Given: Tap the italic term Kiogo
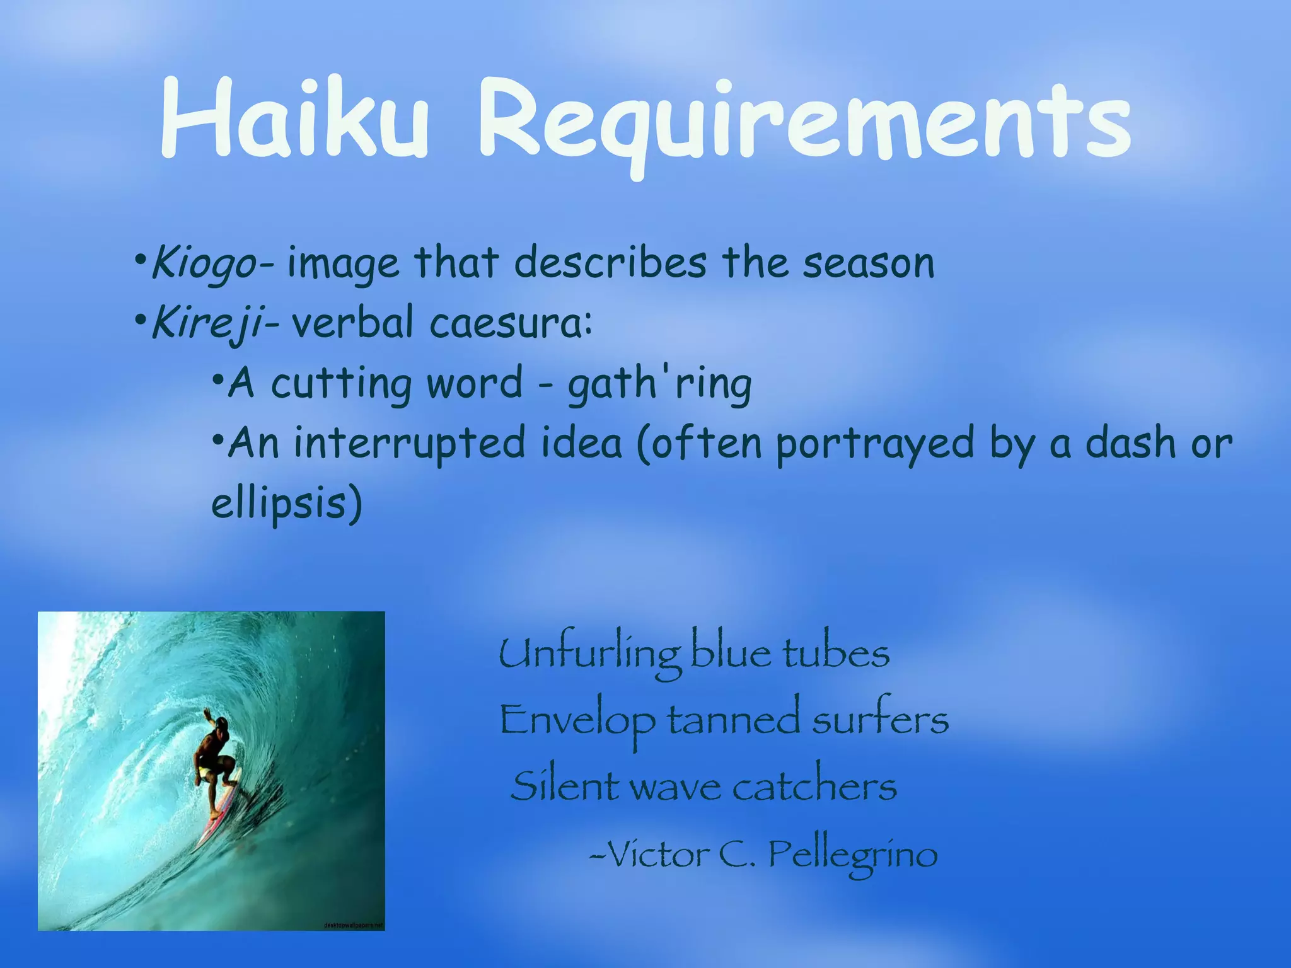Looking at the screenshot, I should [x=203, y=263].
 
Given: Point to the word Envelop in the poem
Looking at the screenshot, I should [x=577, y=720].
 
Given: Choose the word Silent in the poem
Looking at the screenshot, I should [x=565, y=786].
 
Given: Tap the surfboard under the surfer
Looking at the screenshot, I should [x=217, y=813].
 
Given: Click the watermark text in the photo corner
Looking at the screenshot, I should [x=352, y=925].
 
